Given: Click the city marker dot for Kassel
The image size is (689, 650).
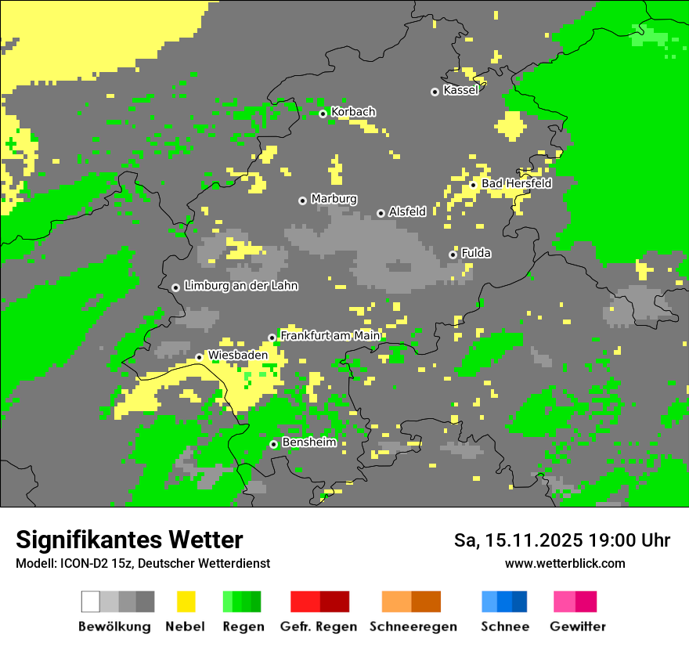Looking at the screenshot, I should [435, 92].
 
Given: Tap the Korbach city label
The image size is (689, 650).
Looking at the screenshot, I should [353, 112].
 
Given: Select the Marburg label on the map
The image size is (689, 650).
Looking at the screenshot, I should [334, 199].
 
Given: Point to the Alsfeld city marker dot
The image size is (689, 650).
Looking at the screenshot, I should [381, 213].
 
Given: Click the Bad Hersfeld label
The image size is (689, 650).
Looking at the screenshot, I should [516, 183].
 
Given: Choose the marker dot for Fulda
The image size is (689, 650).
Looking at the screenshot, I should [453, 255].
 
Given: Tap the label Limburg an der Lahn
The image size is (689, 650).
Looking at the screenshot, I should [240, 286].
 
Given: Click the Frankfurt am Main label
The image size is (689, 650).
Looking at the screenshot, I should [330, 335].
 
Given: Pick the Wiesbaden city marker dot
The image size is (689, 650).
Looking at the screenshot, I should [199, 357].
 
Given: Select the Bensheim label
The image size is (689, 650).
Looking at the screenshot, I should [308, 442].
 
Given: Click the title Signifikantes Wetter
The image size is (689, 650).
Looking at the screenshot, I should [129, 540].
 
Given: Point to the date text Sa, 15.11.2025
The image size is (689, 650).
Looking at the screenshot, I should [518, 540].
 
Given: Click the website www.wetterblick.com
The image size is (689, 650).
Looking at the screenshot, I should [565, 563].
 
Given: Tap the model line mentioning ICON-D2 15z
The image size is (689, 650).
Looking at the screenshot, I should [142, 563].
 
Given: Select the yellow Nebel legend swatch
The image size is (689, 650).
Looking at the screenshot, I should [186, 601].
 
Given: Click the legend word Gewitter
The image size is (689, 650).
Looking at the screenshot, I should [577, 627].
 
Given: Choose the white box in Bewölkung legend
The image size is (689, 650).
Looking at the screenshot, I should [90, 601].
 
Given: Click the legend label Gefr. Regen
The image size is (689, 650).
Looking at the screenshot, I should [319, 627].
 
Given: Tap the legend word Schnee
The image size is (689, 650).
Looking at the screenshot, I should [504, 627].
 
